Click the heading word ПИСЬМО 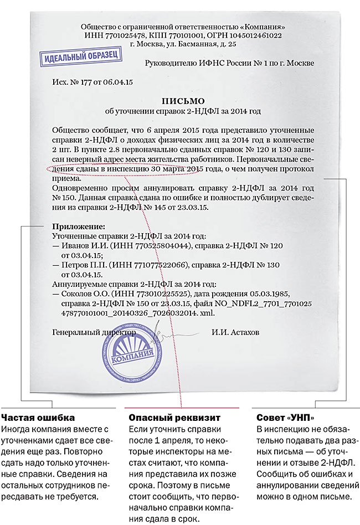(x=183, y=101)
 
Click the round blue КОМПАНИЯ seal (x=133, y=357)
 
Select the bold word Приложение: (x=78, y=227)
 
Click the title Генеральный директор (x=94, y=333)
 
